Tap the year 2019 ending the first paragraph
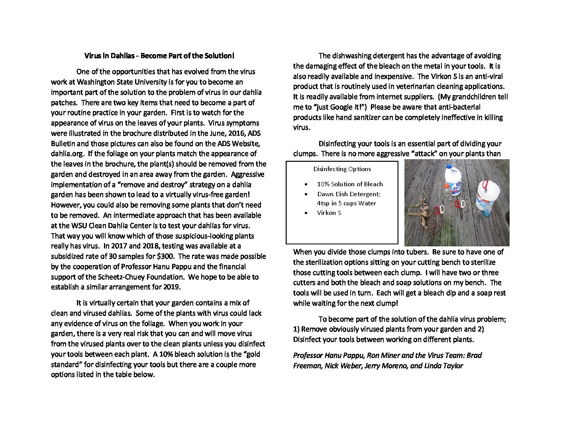point(172,287)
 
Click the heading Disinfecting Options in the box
point(342,169)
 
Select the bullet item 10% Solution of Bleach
point(349,184)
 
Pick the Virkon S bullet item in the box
point(329,213)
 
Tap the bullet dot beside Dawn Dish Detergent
point(306,194)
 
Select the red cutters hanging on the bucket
point(485,185)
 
